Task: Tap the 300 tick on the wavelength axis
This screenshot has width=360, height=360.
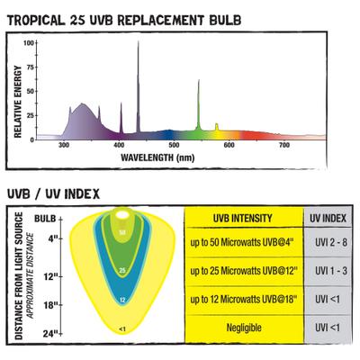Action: [x=65, y=145]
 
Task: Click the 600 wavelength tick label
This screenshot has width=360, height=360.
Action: [x=229, y=145]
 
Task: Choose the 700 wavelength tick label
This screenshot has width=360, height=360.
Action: [x=284, y=145]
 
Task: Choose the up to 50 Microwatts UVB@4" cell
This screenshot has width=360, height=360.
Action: [x=243, y=243]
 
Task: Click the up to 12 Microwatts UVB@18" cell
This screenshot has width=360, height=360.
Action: [x=243, y=299]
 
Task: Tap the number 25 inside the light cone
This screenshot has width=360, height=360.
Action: [x=121, y=269]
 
